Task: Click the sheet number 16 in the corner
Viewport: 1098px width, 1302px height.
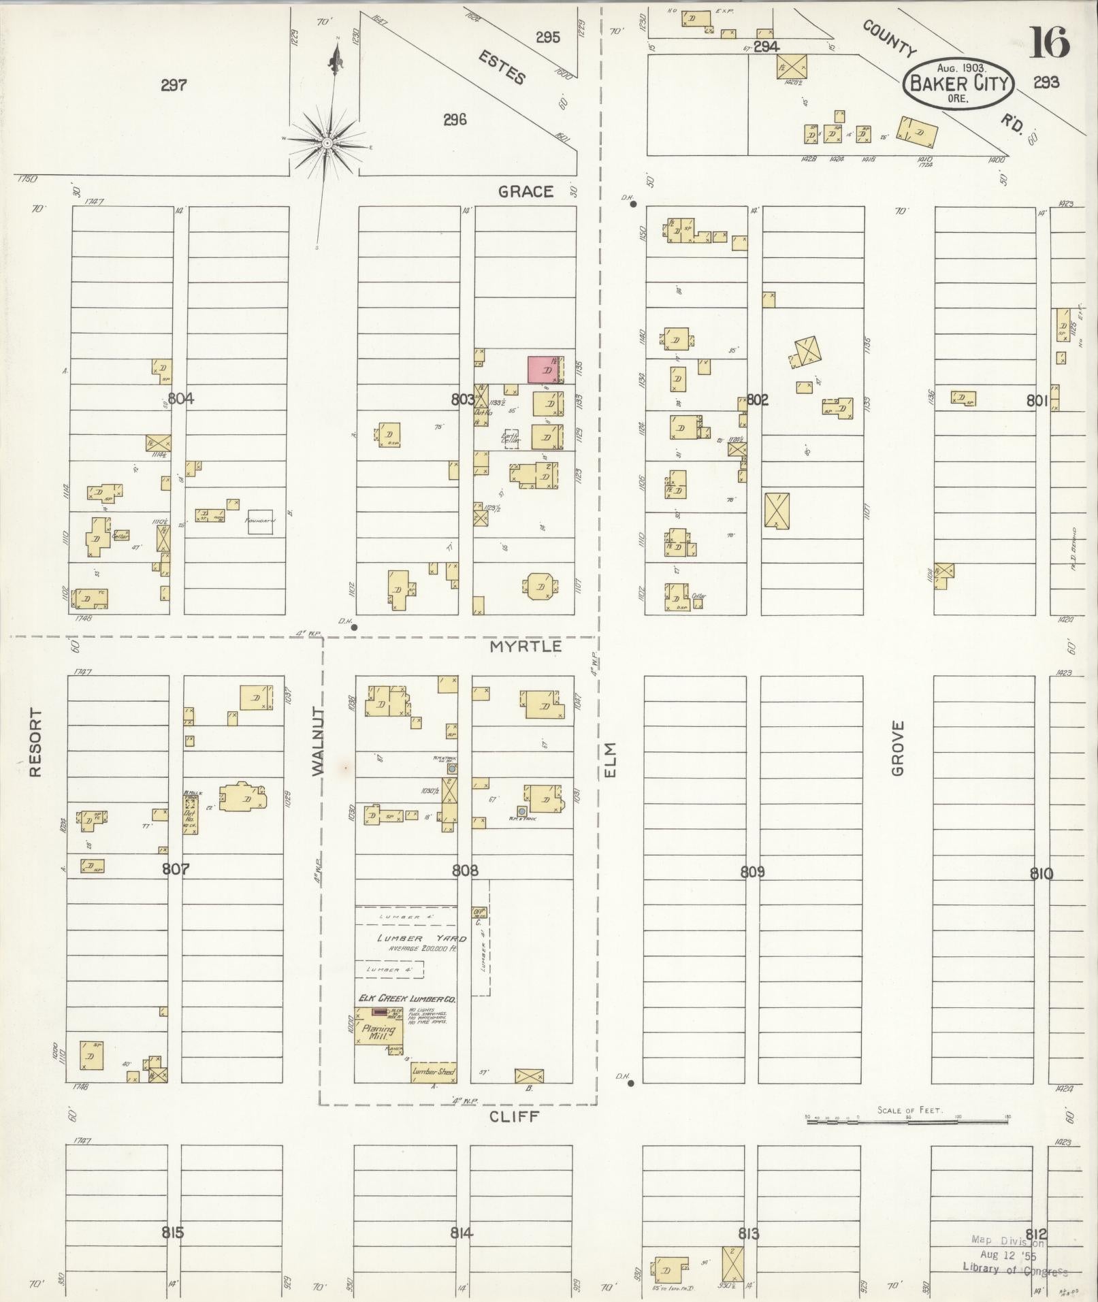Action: click(1049, 42)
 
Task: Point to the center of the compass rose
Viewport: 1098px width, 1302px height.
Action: click(327, 143)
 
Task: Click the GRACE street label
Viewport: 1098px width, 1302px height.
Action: click(526, 192)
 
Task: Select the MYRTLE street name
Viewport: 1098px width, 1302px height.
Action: click(526, 646)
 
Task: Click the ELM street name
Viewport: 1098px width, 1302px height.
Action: click(609, 759)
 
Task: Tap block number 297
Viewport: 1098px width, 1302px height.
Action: click(174, 85)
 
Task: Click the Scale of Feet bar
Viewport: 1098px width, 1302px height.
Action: click(908, 1118)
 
